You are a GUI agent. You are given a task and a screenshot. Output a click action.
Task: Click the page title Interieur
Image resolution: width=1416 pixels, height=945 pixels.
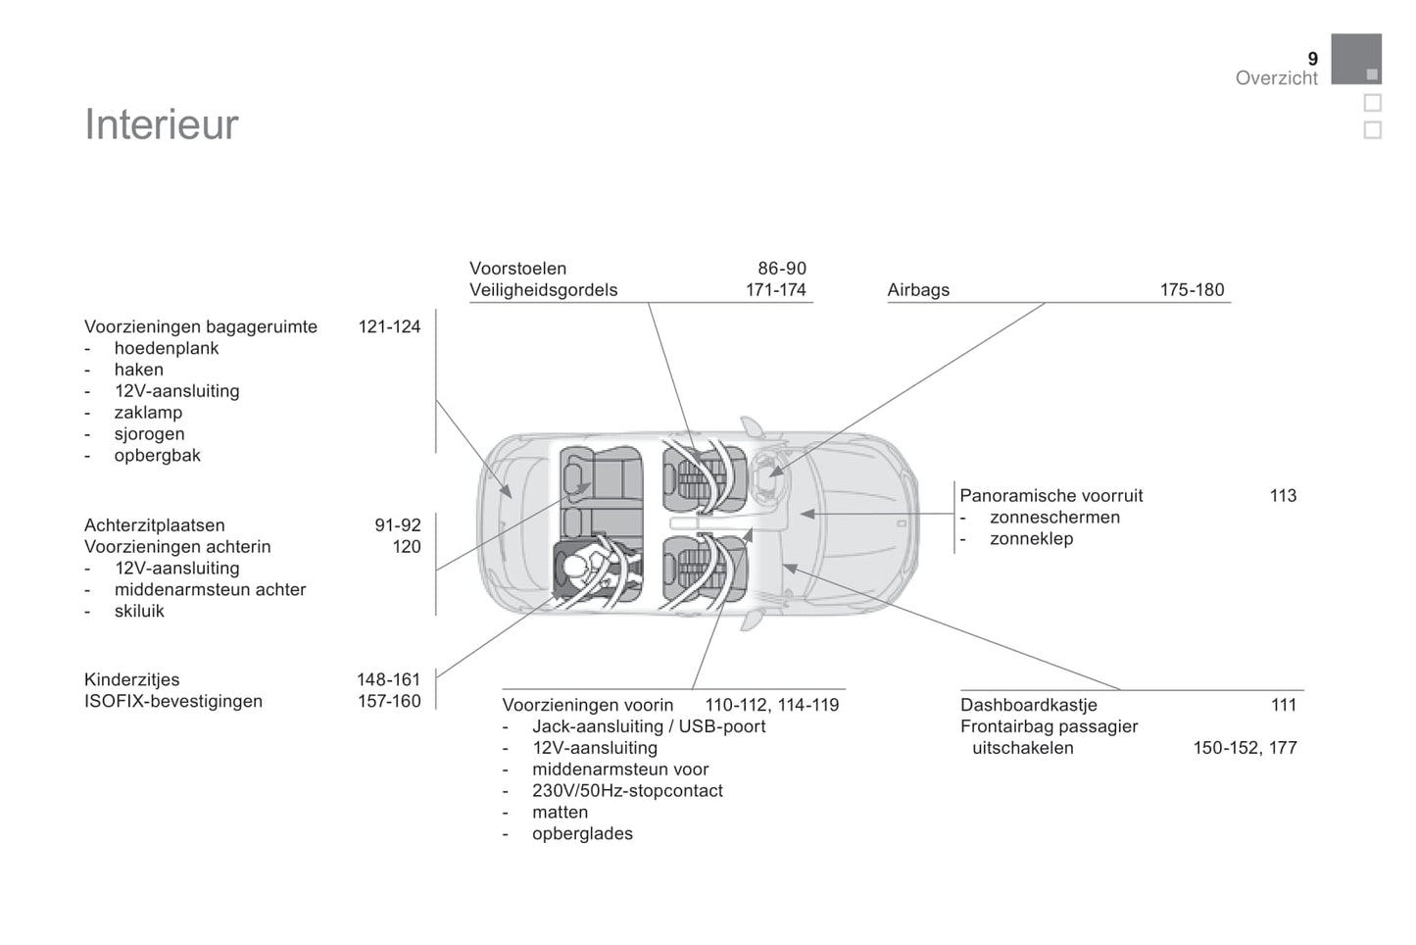pos(162,124)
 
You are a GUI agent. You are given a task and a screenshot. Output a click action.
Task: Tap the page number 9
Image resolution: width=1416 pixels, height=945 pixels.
pos(1313,59)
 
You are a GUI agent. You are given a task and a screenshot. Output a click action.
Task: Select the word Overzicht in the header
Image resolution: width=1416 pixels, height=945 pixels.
pos(1276,77)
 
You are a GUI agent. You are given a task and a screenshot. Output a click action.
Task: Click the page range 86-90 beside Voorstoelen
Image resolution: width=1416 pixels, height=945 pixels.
pos(782,269)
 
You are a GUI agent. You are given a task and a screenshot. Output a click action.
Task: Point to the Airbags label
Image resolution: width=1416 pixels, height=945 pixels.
pos(918,290)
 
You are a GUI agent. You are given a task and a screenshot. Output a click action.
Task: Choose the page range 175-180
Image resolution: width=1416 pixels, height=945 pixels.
pos(1192,290)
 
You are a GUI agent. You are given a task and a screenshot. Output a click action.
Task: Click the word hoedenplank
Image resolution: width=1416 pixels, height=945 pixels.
pos(167,348)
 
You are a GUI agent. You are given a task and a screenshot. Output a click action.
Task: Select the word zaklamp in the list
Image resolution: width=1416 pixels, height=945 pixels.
pos(148,413)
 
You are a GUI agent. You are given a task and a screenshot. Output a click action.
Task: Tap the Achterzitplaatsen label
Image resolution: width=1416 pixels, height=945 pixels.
pos(154,525)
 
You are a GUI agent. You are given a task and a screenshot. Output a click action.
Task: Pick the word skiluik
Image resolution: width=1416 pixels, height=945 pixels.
pos(139,611)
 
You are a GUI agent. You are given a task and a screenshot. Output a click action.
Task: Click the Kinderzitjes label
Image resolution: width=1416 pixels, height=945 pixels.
pos(131,679)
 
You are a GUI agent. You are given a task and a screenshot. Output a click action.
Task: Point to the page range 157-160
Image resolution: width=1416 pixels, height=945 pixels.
pos(389,701)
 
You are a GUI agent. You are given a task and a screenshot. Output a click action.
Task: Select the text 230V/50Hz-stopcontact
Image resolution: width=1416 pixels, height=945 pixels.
pos(627,791)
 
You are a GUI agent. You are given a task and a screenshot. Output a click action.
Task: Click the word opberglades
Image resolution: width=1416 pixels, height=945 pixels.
pos(582,833)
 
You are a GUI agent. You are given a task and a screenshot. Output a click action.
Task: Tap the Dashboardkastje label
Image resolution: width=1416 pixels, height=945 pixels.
pos(1029,705)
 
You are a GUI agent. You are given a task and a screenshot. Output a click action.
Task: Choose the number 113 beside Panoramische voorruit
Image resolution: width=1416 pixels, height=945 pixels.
pos(1283,496)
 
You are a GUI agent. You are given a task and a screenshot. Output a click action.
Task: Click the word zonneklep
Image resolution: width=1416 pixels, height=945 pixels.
pos(1031,539)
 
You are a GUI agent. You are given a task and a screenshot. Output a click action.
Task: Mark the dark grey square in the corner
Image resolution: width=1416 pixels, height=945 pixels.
pos(1356,59)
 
